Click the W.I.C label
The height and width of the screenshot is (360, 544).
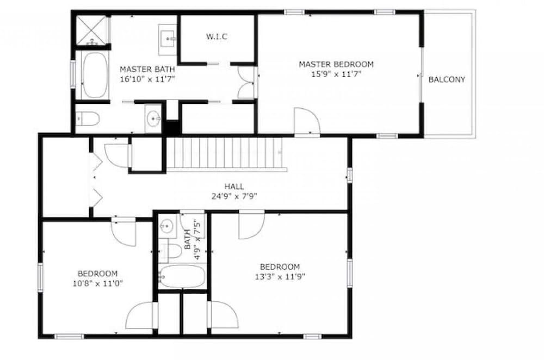click(x=217, y=36)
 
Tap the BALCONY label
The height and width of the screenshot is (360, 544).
click(x=447, y=79)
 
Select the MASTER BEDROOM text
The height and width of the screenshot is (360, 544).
click(x=336, y=64)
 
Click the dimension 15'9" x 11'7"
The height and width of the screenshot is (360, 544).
click(x=336, y=73)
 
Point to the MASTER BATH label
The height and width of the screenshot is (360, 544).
click(x=147, y=70)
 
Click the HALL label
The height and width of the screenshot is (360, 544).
click(x=234, y=187)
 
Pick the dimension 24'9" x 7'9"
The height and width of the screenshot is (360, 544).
click(x=234, y=196)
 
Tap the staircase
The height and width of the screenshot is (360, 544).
click(x=226, y=154)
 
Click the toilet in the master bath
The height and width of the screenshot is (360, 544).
click(x=88, y=119)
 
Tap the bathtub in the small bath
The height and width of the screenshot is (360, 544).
click(x=182, y=276)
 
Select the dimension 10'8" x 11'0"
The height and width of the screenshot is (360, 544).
click(x=98, y=283)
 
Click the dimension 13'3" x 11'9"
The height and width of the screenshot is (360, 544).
click(x=280, y=276)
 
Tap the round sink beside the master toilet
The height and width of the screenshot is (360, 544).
click(x=153, y=119)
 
